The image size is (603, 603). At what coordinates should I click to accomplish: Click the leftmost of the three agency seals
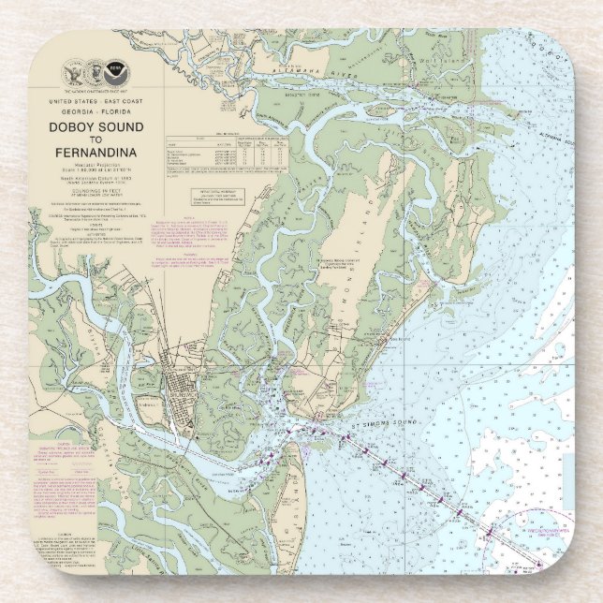point(73,72)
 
